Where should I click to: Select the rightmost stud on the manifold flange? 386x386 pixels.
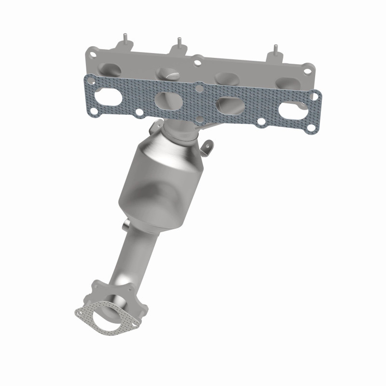click(x=276, y=50)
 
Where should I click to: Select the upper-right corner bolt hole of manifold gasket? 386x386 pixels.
click(x=314, y=97)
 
